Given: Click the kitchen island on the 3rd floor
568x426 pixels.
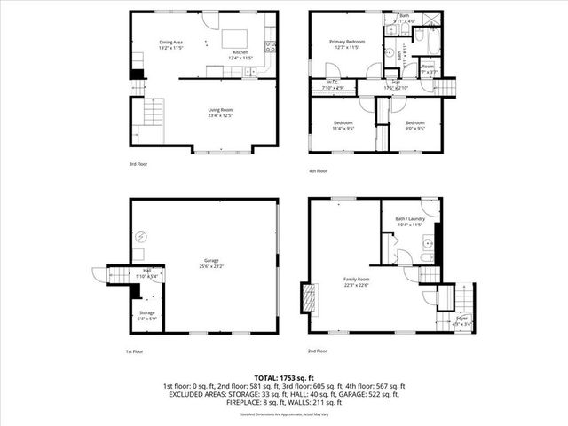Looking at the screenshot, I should point(233,38).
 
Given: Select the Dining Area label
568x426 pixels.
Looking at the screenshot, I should point(171,42).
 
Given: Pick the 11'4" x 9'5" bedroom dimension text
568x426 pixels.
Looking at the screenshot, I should point(343,128).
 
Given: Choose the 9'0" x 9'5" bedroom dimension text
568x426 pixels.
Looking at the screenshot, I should point(415,128).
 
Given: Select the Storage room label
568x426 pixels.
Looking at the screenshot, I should point(147,312).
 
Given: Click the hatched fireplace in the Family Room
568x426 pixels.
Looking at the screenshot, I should point(309,299).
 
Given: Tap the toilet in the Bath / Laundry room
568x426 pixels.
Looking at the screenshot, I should point(427,257).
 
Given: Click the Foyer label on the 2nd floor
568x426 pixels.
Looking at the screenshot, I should point(461,318).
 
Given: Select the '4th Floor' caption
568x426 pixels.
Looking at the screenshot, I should point(318,170).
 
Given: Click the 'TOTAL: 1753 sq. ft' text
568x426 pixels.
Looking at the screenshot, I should point(284,378).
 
